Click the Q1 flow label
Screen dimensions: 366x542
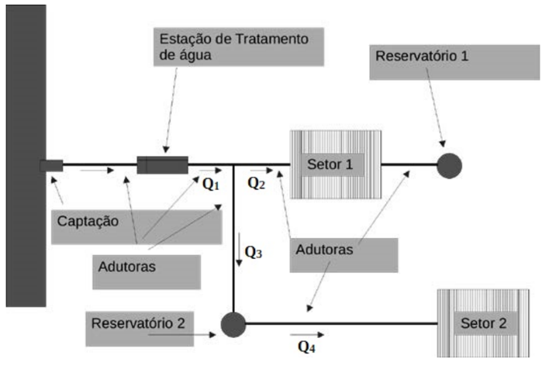[x=211, y=185]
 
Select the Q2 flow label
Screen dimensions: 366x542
[x=257, y=184]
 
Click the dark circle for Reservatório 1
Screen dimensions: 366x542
[x=449, y=165]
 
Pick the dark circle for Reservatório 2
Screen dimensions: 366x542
[x=233, y=323]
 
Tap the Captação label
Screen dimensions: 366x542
[x=88, y=221]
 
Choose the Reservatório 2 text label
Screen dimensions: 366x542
[x=138, y=322]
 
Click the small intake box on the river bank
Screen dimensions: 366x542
[x=51, y=164]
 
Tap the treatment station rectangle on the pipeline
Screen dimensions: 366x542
[x=162, y=164]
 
